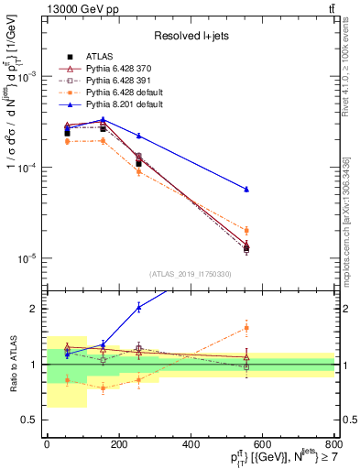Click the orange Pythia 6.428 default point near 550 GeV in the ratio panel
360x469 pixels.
[x=246, y=327]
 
